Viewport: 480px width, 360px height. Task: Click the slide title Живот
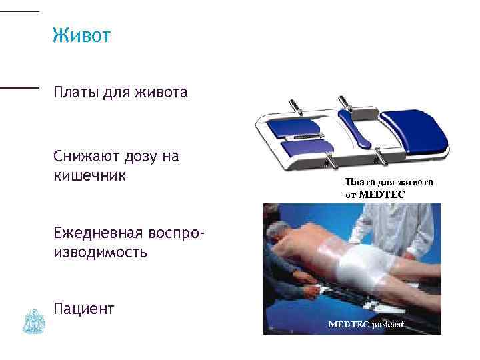81,35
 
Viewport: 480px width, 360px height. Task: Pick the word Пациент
85,308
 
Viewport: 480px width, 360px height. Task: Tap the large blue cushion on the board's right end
420,133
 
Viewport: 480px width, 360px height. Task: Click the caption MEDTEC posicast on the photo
366,324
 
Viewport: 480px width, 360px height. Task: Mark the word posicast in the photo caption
388,324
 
